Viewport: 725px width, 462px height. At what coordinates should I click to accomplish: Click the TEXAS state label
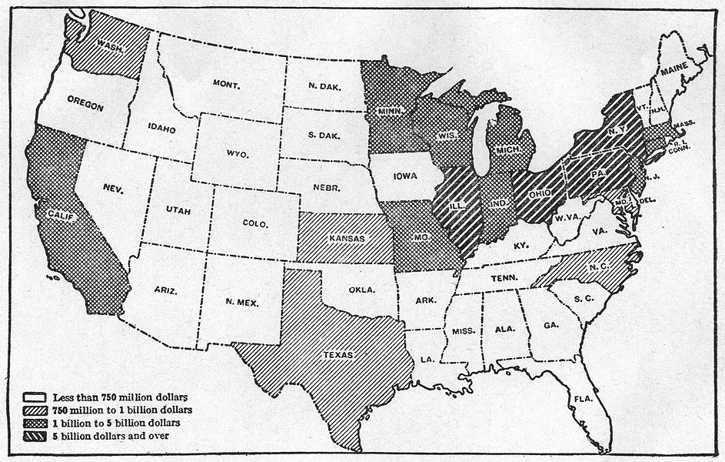coord(338,355)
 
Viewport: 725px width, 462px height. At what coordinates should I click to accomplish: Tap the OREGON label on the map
coord(85,106)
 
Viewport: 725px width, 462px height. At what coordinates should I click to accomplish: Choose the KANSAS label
coord(346,238)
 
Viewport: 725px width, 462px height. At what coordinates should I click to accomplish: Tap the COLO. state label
coord(254,224)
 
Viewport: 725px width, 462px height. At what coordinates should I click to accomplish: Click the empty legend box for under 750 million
coord(35,397)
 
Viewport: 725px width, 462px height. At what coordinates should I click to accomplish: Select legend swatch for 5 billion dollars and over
coord(35,437)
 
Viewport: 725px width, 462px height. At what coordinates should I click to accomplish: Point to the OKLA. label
coord(361,290)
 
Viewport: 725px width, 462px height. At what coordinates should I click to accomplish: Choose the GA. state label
coord(550,326)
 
